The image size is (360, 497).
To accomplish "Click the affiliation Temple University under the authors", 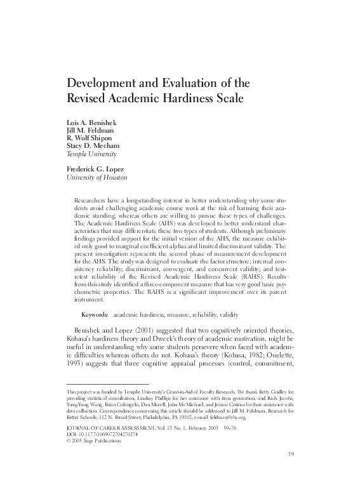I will pyautogui.click(x=91, y=154).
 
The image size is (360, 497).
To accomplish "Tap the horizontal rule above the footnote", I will pyautogui.click(x=107, y=384).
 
